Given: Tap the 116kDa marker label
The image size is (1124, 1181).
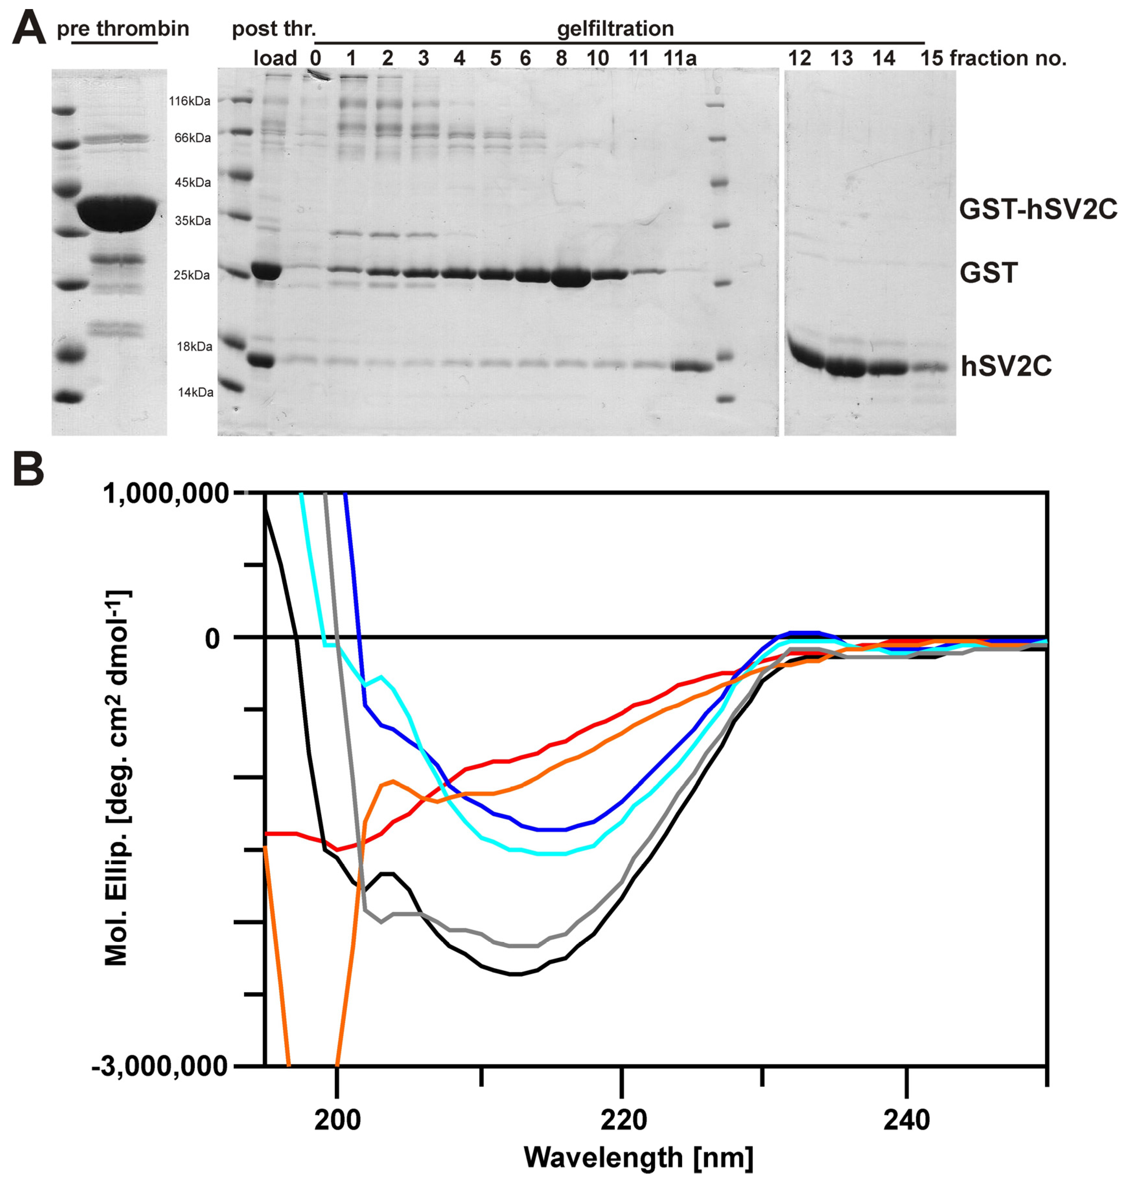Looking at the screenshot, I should tap(189, 101).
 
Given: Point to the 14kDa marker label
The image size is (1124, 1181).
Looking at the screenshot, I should tap(195, 392).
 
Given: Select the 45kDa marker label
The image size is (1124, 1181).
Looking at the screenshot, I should tap(192, 182).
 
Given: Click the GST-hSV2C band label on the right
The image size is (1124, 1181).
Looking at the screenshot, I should tap(1038, 209).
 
